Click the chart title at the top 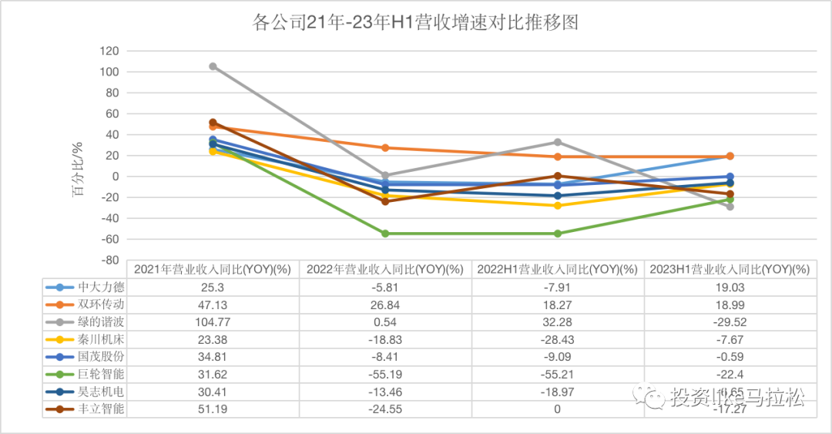pos(415,22)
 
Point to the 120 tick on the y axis pos(109,51)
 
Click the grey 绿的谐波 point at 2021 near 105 pos(213,66)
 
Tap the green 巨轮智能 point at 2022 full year pos(385,234)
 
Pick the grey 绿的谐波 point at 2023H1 pos(730,207)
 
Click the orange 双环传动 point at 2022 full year pos(385,148)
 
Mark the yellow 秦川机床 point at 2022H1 pos(558,206)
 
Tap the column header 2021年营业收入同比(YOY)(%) pos(213,269)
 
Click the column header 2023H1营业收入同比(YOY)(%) pos(730,269)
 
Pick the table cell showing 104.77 pos(213,321)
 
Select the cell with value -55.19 pos(385,374)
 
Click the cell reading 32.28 pos(558,321)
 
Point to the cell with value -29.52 pos(730,321)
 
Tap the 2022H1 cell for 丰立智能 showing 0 pos(558,409)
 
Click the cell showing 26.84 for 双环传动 pos(385,304)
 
